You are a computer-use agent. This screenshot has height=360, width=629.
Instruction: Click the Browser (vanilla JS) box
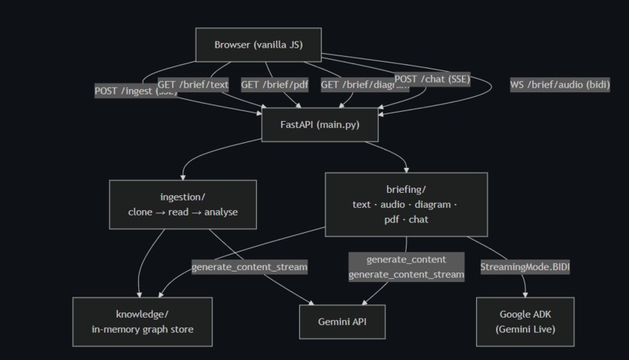click(x=258, y=45)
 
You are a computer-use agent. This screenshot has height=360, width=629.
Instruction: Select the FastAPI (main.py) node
click(x=320, y=125)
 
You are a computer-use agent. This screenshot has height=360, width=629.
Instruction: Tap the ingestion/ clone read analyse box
click(x=183, y=205)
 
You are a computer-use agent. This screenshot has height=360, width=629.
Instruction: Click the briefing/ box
click(x=406, y=205)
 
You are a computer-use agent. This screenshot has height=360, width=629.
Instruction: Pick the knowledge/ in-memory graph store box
click(x=142, y=321)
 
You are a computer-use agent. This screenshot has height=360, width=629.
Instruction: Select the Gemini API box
click(x=342, y=322)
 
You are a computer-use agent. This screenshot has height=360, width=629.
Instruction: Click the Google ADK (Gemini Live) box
click(x=524, y=321)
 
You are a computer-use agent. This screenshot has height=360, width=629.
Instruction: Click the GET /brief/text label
click(x=193, y=84)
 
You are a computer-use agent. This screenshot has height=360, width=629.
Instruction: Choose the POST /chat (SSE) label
click(x=432, y=79)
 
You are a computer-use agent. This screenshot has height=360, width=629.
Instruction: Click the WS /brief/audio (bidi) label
click(x=560, y=84)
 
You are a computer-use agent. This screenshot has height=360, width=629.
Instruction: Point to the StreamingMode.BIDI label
click(x=524, y=267)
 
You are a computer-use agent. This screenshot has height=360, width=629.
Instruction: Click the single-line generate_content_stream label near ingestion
click(x=250, y=267)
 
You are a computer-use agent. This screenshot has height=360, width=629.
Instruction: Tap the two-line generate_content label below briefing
click(x=406, y=266)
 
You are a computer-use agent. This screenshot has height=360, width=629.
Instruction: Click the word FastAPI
click(x=297, y=125)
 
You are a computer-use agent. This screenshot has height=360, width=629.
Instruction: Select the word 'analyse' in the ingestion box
click(x=221, y=212)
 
